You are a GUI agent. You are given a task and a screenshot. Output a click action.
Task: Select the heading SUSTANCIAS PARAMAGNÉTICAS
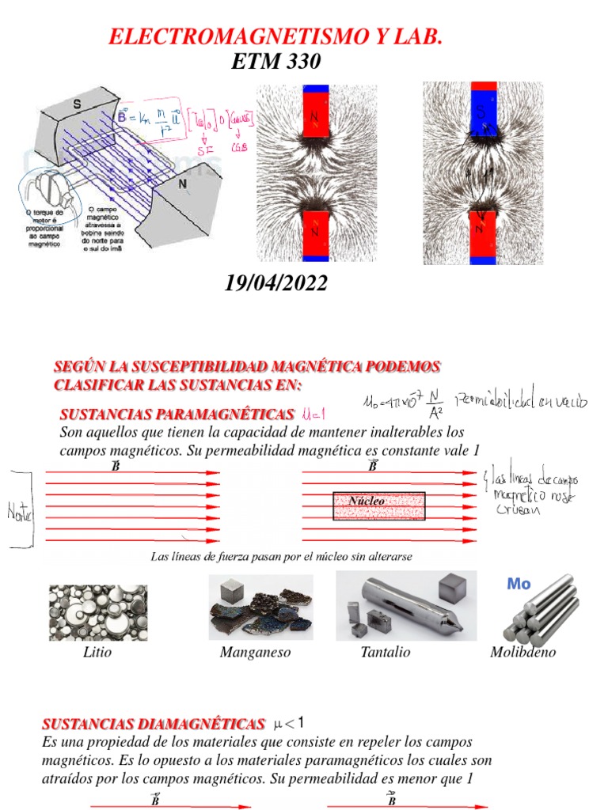pos(176,414)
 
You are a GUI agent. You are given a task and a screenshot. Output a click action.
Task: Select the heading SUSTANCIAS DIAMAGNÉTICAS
pos(153,724)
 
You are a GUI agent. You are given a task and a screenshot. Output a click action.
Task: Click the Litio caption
pos(97,653)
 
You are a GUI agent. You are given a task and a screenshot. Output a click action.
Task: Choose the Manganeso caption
pos(255,653)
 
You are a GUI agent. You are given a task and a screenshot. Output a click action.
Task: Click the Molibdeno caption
pos(522,653)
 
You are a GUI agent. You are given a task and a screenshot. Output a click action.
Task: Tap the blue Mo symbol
pos(518,585)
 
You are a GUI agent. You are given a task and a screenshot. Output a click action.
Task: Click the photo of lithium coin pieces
pos(97,611)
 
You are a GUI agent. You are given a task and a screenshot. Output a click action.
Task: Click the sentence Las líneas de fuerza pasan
pos(281,557)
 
